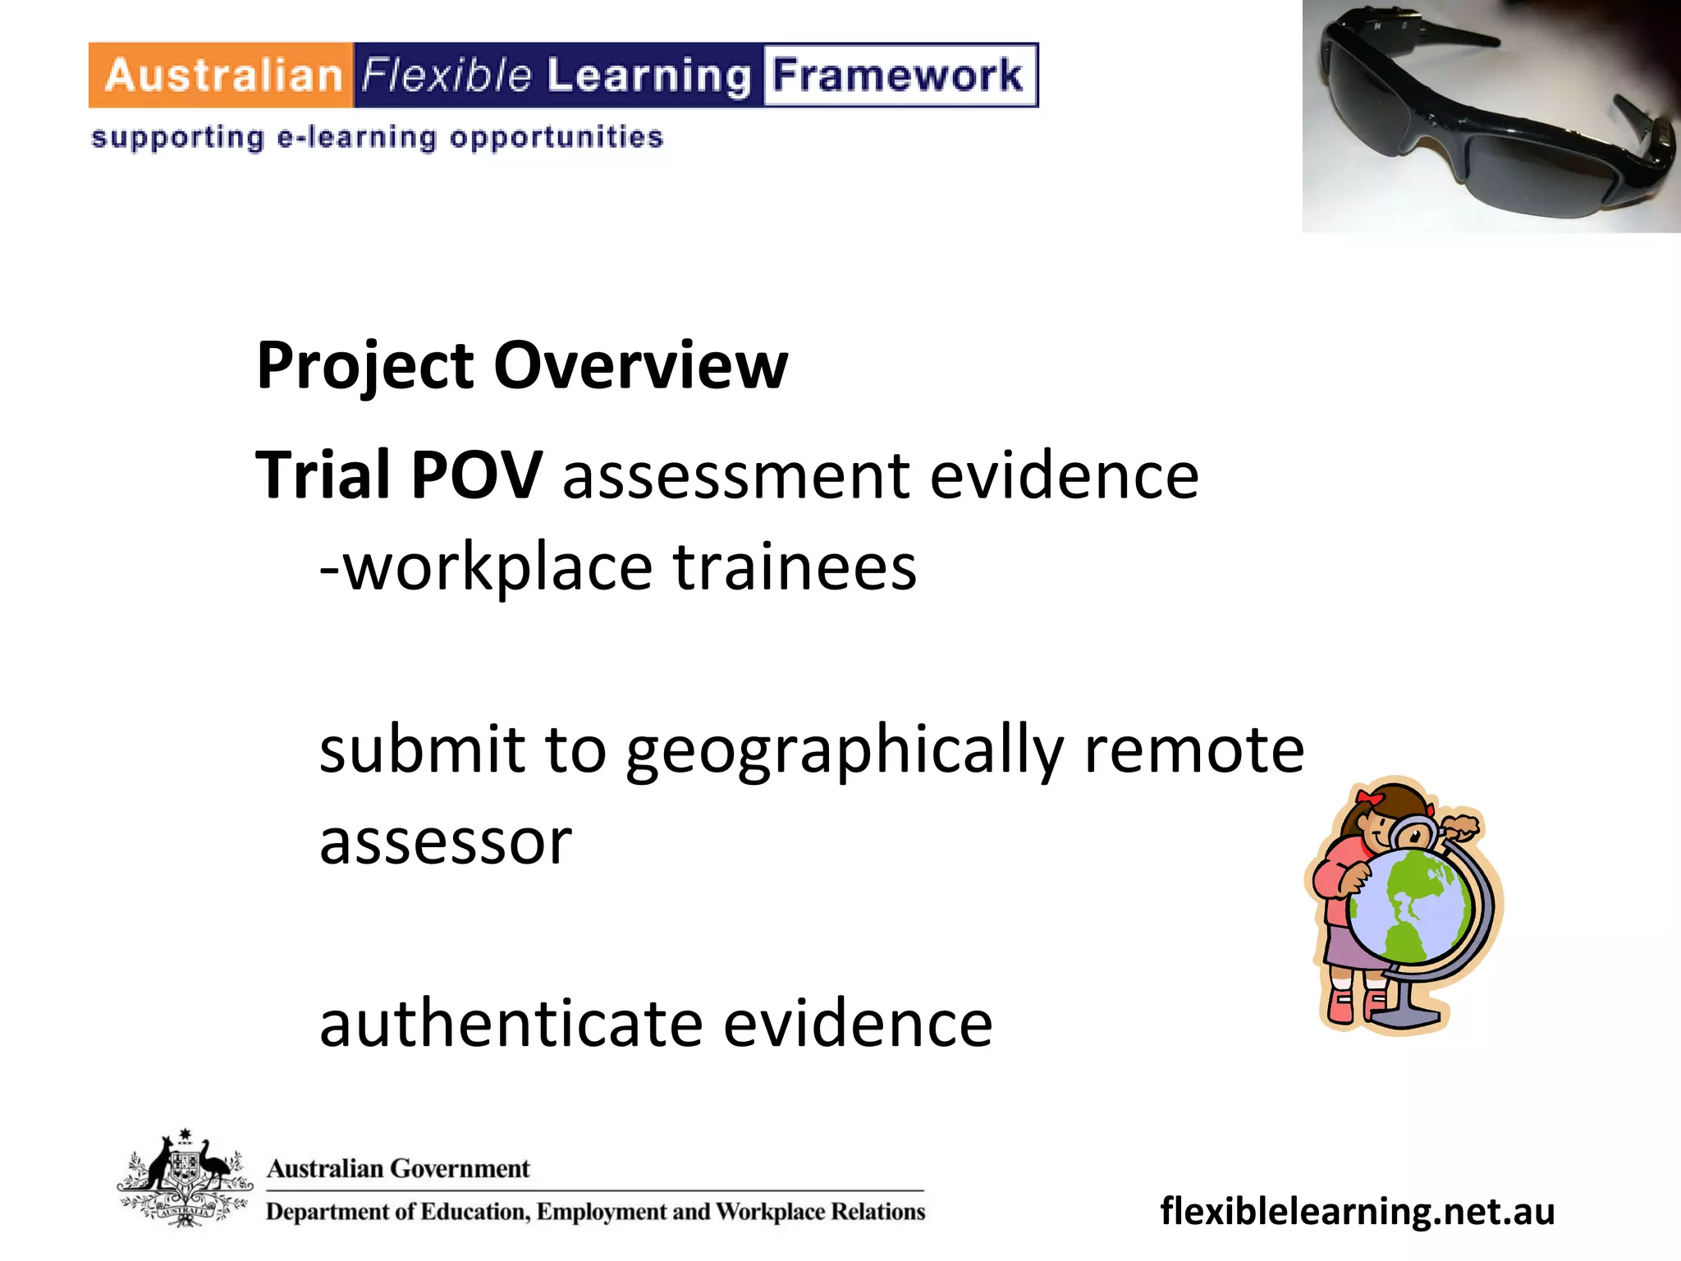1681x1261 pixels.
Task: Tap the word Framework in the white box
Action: pyautogui.click(x=899, y=76)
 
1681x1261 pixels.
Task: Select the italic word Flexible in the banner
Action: pyautogui.click(x=447, y=76)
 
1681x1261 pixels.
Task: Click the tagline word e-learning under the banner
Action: pyautogui.click(x=357, y=138)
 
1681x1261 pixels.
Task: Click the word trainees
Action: pyautogui.click(x=795, y=568)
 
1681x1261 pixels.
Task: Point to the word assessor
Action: pyautogui.click(x=446, y=842)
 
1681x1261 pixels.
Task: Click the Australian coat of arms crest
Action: pyautogui.click(x=185, y=1179)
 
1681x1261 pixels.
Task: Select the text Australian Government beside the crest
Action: pyautogui.click(x=398, y=1168)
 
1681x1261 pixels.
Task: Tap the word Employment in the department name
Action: pyautogui.click(x=602, y=1212)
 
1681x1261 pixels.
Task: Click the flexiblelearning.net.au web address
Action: pyautogui.click(x=1357, y=1212)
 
